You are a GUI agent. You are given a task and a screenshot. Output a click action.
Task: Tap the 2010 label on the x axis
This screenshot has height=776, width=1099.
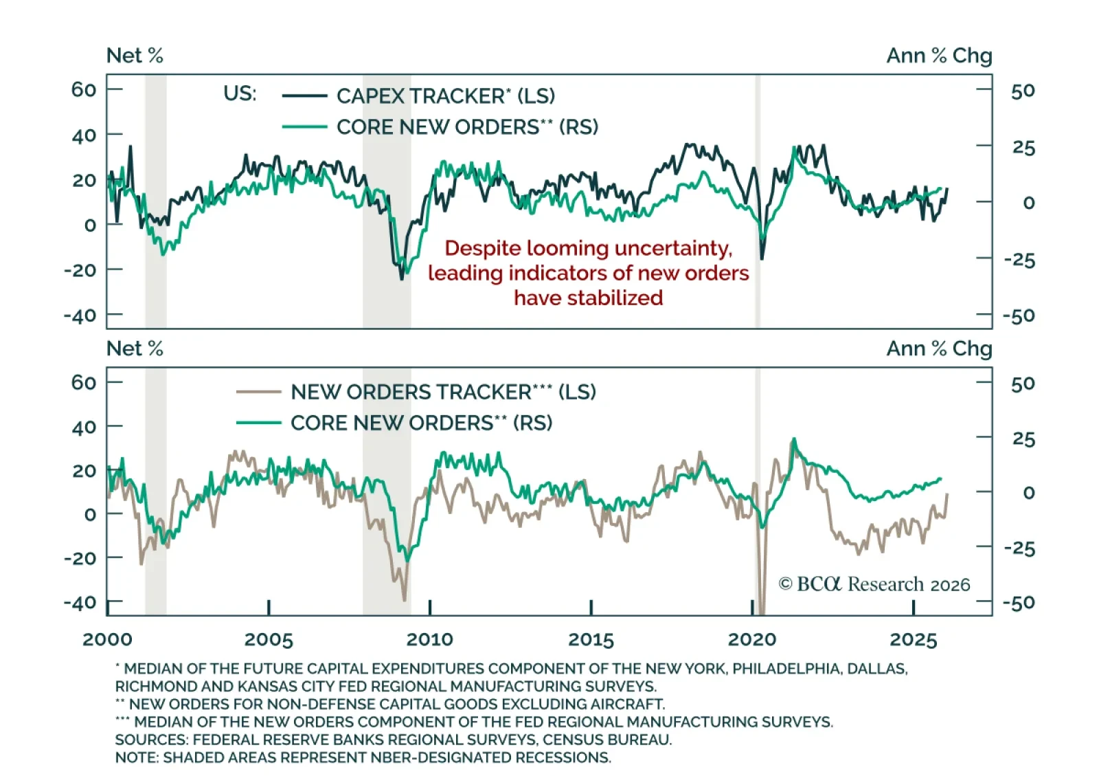[x=429, y=640]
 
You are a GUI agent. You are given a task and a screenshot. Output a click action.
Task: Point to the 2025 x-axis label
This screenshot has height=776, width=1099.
[x=913, y=640]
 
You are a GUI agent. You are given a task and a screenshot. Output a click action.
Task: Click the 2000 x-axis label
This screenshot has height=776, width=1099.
[x=107, y=640]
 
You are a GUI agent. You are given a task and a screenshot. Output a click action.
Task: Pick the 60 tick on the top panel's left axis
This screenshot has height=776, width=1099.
[x=84, y=89]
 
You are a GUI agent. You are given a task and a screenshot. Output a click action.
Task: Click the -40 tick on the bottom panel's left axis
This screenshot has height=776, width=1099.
[x=80, y=603]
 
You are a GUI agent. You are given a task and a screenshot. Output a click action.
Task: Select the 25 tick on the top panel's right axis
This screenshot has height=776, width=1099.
[x=1023, y=148]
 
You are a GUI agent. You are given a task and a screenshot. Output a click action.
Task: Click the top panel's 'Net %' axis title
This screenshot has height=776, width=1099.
[x=135, y=56]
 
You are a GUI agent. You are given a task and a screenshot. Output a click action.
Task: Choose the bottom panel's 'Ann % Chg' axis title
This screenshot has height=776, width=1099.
[x=939, y=348]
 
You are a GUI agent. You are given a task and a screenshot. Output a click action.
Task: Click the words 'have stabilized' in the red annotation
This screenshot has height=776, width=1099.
[x=588, y=298]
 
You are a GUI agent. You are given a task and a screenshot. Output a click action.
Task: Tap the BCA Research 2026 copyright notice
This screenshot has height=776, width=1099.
[x=874, y=584]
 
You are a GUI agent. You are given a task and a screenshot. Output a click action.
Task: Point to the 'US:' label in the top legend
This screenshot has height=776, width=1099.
[x=240, y=93]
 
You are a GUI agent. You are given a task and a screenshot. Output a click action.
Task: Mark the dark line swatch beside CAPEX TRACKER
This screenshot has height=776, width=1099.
[x=304, y=96]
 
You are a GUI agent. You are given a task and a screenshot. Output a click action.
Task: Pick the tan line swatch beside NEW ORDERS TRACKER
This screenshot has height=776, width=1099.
[x=258, y=392]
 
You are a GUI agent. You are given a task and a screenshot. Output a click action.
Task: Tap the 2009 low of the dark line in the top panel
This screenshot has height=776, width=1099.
[x=402, y=278]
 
